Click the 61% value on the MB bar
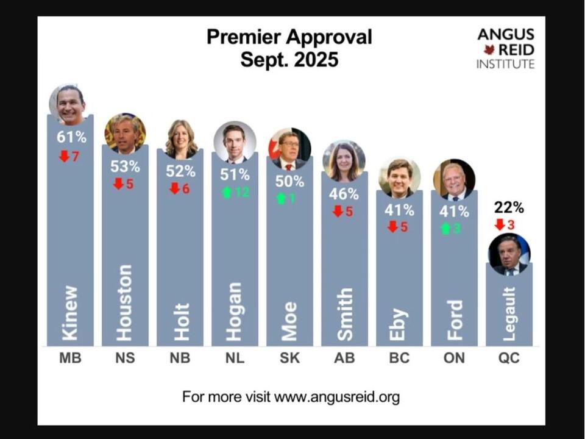coord(71,137)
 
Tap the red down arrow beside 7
coord(64,157)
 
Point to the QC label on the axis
coord(509,359)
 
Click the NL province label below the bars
coord(235,359)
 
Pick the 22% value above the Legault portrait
coord(509,207)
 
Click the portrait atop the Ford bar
coord(454,180)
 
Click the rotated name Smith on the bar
coord(345,314)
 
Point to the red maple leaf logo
coord(489,49)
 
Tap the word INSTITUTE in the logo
coord(505,64)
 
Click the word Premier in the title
coord(243,37)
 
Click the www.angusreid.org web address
coord(337,398)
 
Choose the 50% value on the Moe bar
coord(289,181)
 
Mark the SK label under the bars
coord(289,359)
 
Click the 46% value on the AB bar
coord(344,195)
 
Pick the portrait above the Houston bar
coord(125,134)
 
